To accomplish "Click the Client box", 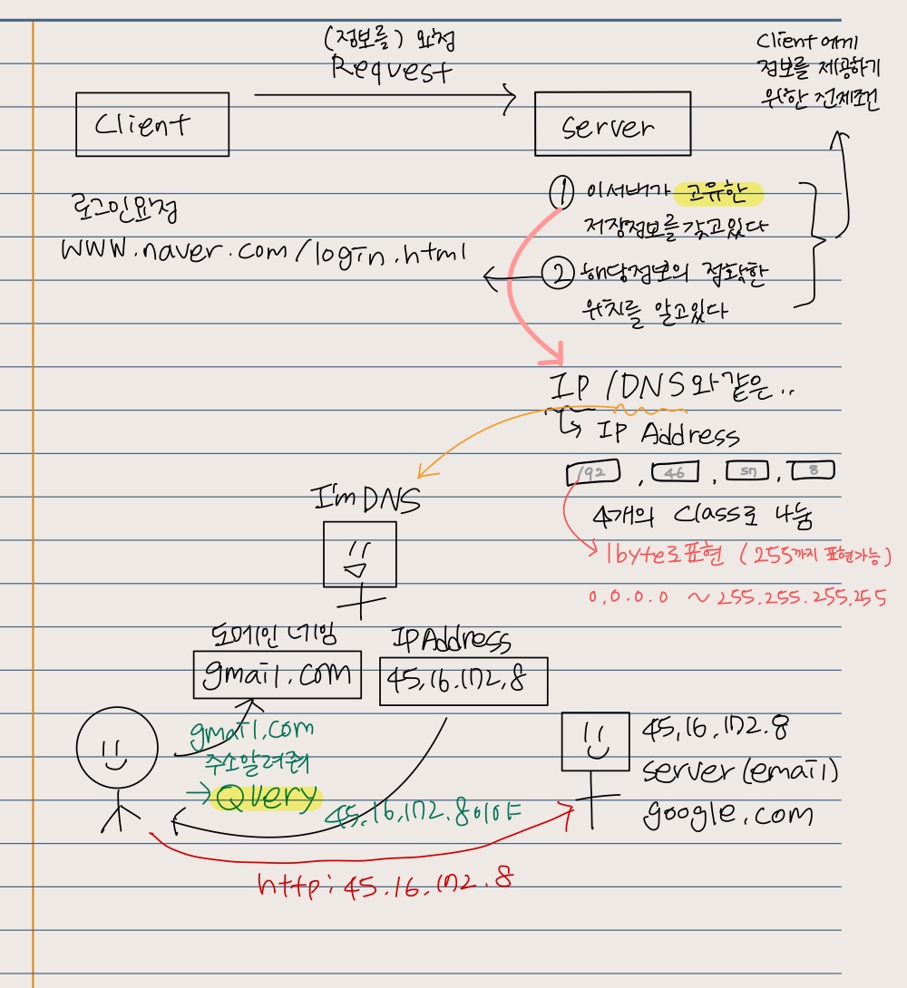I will (x=151, y=123).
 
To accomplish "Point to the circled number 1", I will (x=562, y=192).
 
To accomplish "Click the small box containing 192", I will (x=592, y=472).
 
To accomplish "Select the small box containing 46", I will (x=672, y=472).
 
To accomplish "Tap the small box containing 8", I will (x=812, y=471).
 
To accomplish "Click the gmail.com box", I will (x=278, y=675).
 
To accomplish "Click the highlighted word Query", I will (x=266, y=798).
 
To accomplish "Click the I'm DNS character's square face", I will (x=361, y=553).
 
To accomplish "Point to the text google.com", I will (x=728, y=814).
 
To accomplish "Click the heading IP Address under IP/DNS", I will (x=669, y=434).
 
